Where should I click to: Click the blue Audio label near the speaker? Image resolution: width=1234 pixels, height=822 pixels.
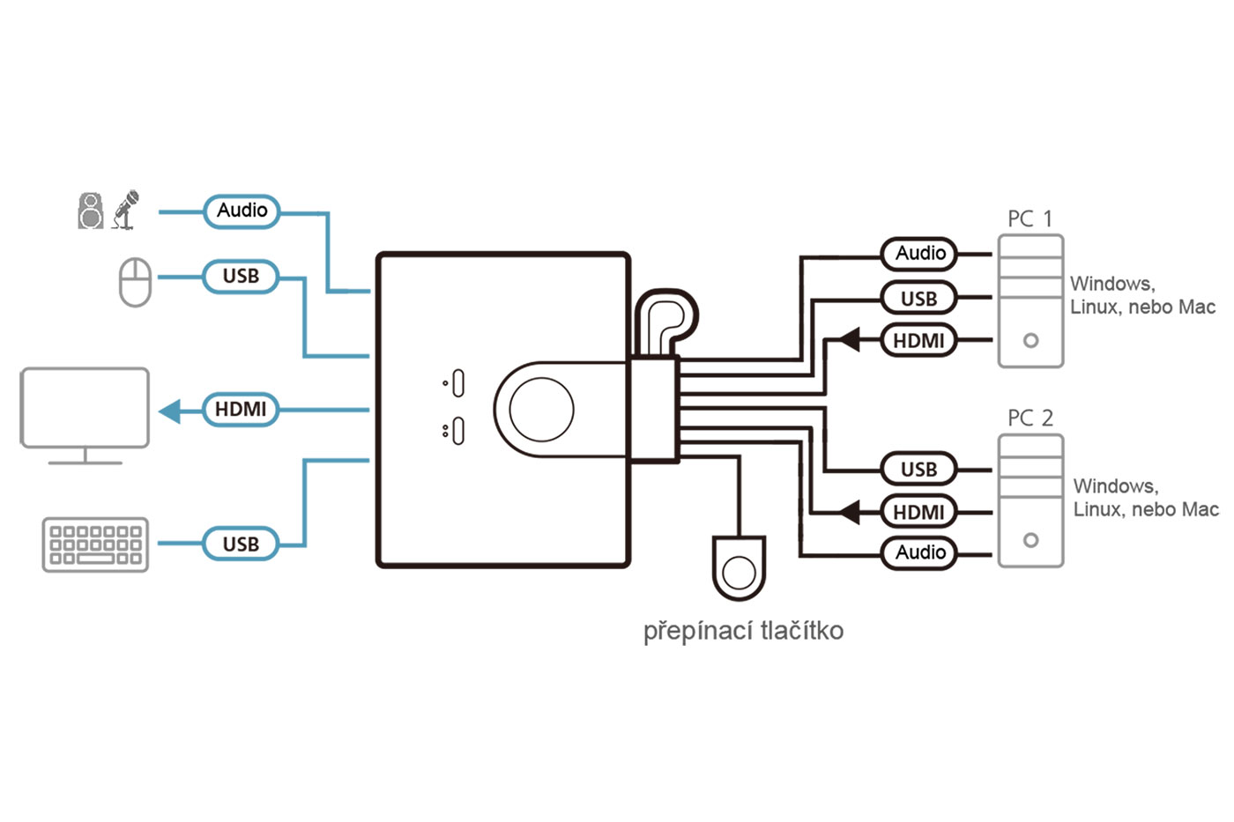[242, 211]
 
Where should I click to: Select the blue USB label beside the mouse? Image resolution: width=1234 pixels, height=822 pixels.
[240, 277]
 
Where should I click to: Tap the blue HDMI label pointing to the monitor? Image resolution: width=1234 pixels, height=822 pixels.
[240, 410]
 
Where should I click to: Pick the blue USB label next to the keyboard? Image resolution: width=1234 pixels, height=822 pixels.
[240, 544]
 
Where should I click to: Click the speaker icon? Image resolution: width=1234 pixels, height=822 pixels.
[91, 211]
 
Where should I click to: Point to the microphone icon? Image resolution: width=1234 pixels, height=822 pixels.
[126, 210]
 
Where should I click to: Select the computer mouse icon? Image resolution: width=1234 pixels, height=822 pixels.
[135, 282]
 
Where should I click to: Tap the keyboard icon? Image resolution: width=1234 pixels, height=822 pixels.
[95, 544]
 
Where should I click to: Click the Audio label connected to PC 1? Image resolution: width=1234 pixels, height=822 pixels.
[919, 254]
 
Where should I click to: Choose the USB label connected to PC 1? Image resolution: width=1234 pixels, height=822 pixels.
[918, 299]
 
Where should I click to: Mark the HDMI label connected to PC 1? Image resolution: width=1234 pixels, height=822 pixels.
[918, 341]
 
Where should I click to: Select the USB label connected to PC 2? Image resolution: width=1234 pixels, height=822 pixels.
[918, 470]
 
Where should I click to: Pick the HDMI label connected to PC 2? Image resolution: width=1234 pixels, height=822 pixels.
[918, 512]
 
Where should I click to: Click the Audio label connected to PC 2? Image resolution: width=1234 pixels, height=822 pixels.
[919, 553]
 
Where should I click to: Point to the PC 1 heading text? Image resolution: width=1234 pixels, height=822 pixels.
[1030, 218]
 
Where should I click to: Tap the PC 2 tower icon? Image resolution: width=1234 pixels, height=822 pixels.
[1030, 500]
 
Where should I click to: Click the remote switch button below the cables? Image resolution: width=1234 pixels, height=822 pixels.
[738, 570]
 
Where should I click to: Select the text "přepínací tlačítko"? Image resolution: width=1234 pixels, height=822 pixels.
[743, 631]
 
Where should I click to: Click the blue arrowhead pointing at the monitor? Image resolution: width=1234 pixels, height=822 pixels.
[170, 411]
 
